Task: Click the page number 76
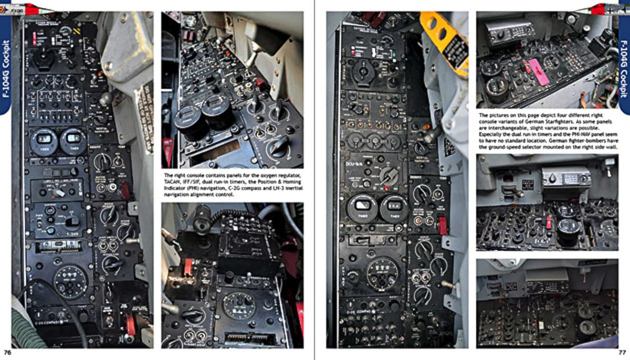pos(7,352)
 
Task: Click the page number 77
pos(622,352)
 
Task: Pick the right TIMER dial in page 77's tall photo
pos(394,208)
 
